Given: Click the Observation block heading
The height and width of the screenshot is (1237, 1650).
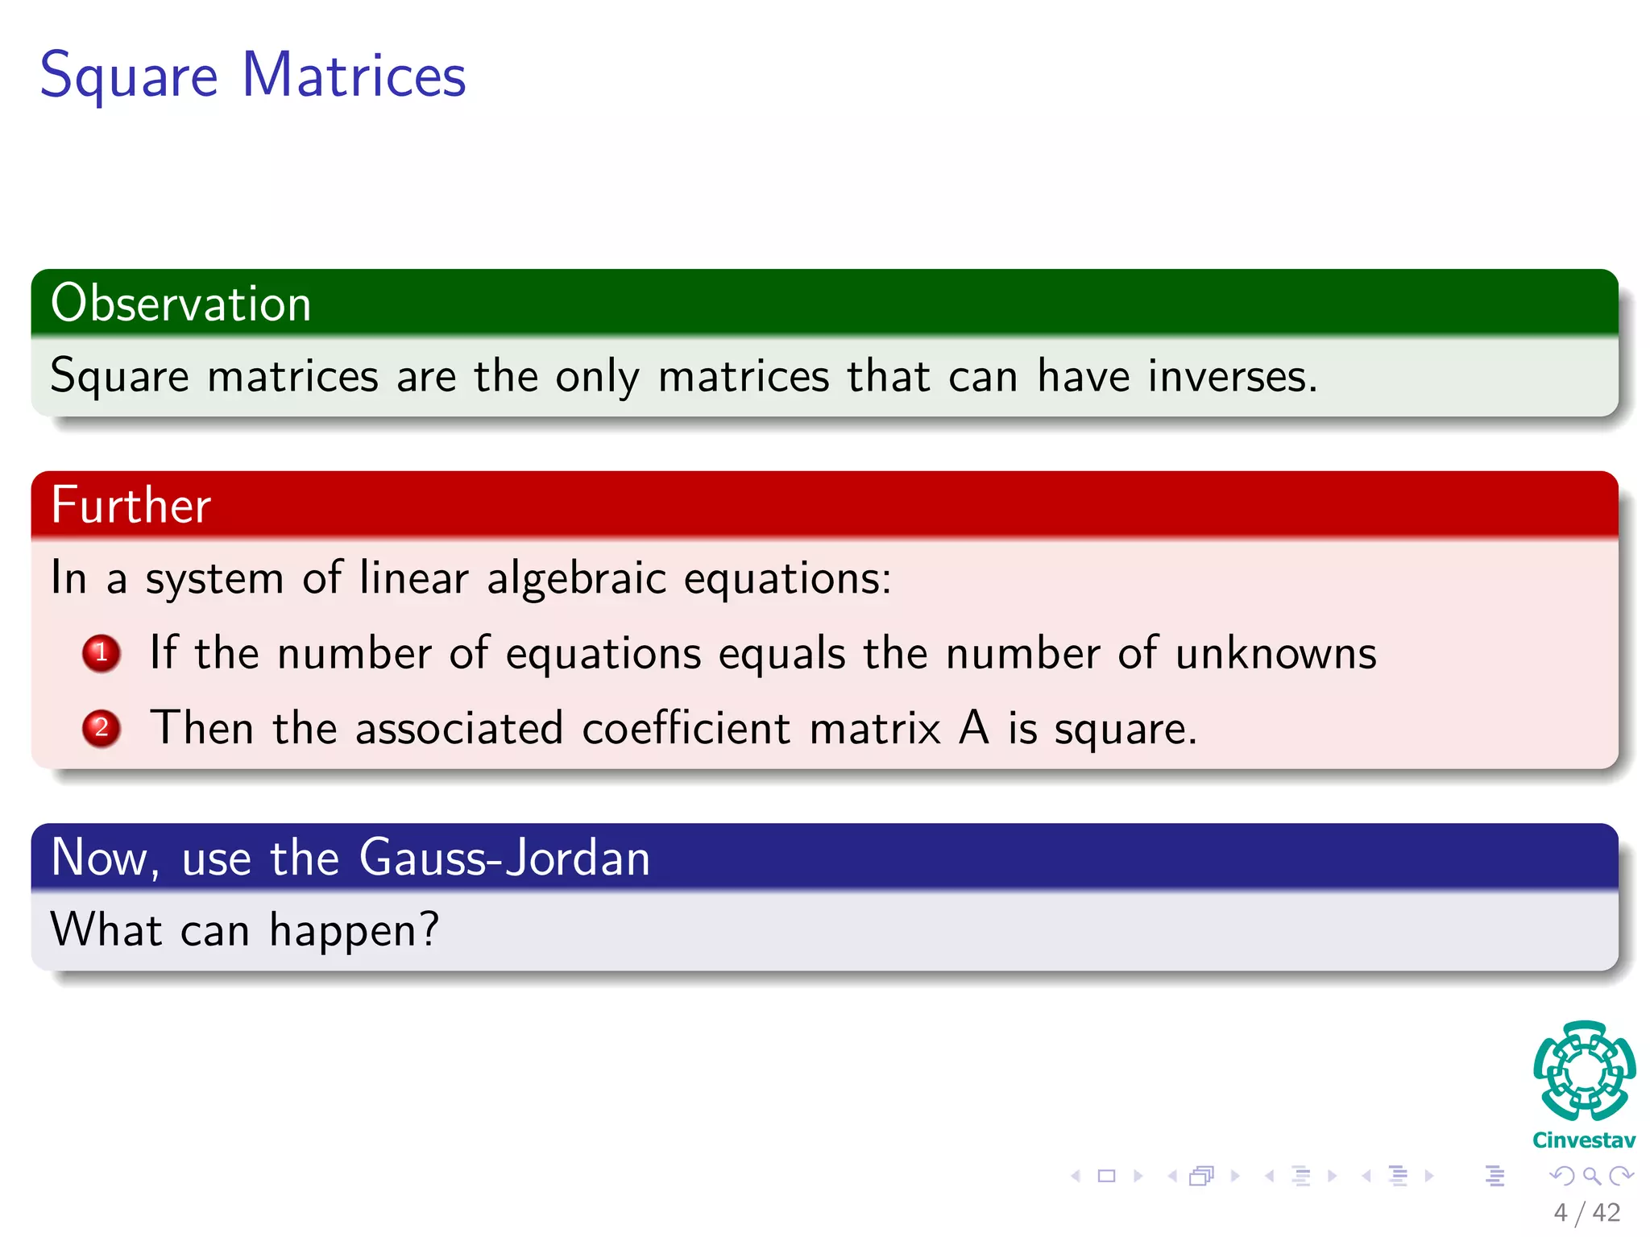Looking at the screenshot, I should pyautogui.click(x=180, y=304).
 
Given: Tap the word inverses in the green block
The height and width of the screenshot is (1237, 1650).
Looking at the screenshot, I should pyautogui.click(x=1232, y=376).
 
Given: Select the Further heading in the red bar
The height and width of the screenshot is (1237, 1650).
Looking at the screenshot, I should pyautogui.click(x=131, y=506).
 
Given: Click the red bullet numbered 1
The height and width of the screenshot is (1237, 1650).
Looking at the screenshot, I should pyautogui.click(x=102, y=653).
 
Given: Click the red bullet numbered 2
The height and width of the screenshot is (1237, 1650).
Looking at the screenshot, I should pyautogui.click(x=102, y=728).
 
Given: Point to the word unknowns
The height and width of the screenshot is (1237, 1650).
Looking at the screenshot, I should pyautogui.click(x=1275, y=653).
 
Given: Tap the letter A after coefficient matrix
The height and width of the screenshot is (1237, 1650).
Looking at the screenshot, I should pyautogui.click(x=973, y=728).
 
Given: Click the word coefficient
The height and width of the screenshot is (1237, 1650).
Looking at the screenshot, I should pyautogui.click(x=686, y=728).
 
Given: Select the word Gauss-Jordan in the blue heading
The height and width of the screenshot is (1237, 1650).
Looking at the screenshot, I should pyautogui.click(x=504, y=858).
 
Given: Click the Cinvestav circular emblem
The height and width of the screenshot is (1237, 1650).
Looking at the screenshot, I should pyautogui.click(x=1584, y=1070).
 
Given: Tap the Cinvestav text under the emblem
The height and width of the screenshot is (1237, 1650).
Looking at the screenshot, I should pyautogui.click(x=1584, y=1140).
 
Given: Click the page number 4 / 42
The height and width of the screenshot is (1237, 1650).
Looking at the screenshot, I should pyautogui.click(x=1586, y=1212).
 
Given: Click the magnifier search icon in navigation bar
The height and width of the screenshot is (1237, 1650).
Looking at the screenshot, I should pyautogui.click(x=1591, y=1176).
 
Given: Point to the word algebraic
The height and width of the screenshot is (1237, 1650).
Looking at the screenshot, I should pyautogui.click(x=576, y=578).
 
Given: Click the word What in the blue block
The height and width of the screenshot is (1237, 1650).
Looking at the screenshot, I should pyautogui.click(x=106, y=929).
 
